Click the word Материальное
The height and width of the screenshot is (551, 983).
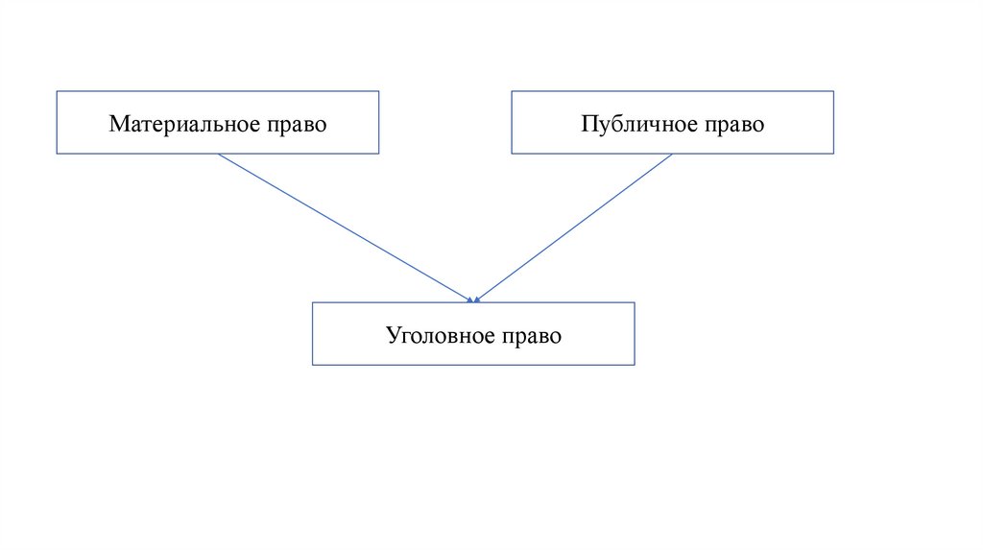pos(181,125)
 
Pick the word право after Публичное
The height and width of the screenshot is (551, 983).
pos(733,125)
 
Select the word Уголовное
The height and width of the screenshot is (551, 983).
pos(439,336)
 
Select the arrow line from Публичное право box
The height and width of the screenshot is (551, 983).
pos(574,228)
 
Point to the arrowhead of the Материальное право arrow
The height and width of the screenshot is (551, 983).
pos(470,300)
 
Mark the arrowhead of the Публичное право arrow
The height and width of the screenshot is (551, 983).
pos(477,300)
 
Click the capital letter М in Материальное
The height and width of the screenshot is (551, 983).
pos(117,125)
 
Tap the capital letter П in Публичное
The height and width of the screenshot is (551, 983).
pos(587,125)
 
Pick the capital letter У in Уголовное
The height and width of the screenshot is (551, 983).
pos(393,336)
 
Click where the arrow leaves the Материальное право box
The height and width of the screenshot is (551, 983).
pos(219,155)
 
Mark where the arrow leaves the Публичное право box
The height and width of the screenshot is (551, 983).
pos(672,155)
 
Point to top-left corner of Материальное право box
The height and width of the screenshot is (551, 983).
pos(58,91)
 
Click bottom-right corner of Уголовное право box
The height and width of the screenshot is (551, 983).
pos(635,365)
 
